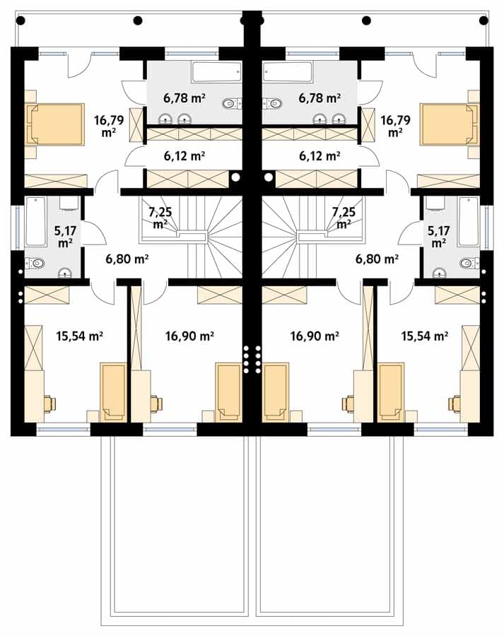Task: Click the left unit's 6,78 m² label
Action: coord(184,98)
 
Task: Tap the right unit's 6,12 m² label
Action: coord(320,155)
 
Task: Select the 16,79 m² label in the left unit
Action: coord(109,126)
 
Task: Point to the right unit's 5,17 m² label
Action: coord(439,237)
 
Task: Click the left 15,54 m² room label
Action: coord(79,336)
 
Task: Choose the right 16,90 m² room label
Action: coord(315,336)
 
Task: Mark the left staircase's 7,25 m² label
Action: coord(160,218)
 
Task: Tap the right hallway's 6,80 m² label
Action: coord(377,259)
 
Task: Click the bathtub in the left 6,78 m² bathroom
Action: coord(216,72)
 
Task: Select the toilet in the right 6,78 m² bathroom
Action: coord(272,103)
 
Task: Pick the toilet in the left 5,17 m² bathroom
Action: coord(35,264)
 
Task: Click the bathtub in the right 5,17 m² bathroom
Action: coord(468,221)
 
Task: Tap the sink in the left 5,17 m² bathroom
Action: coord(65,273)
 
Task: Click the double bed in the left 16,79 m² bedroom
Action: coord(55,124)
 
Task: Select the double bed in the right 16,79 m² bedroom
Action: coord(450,124)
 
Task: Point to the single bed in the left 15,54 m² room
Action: coord(113,391)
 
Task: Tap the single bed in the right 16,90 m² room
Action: coord(276,391)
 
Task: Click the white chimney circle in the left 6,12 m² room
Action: coord(235,177)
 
